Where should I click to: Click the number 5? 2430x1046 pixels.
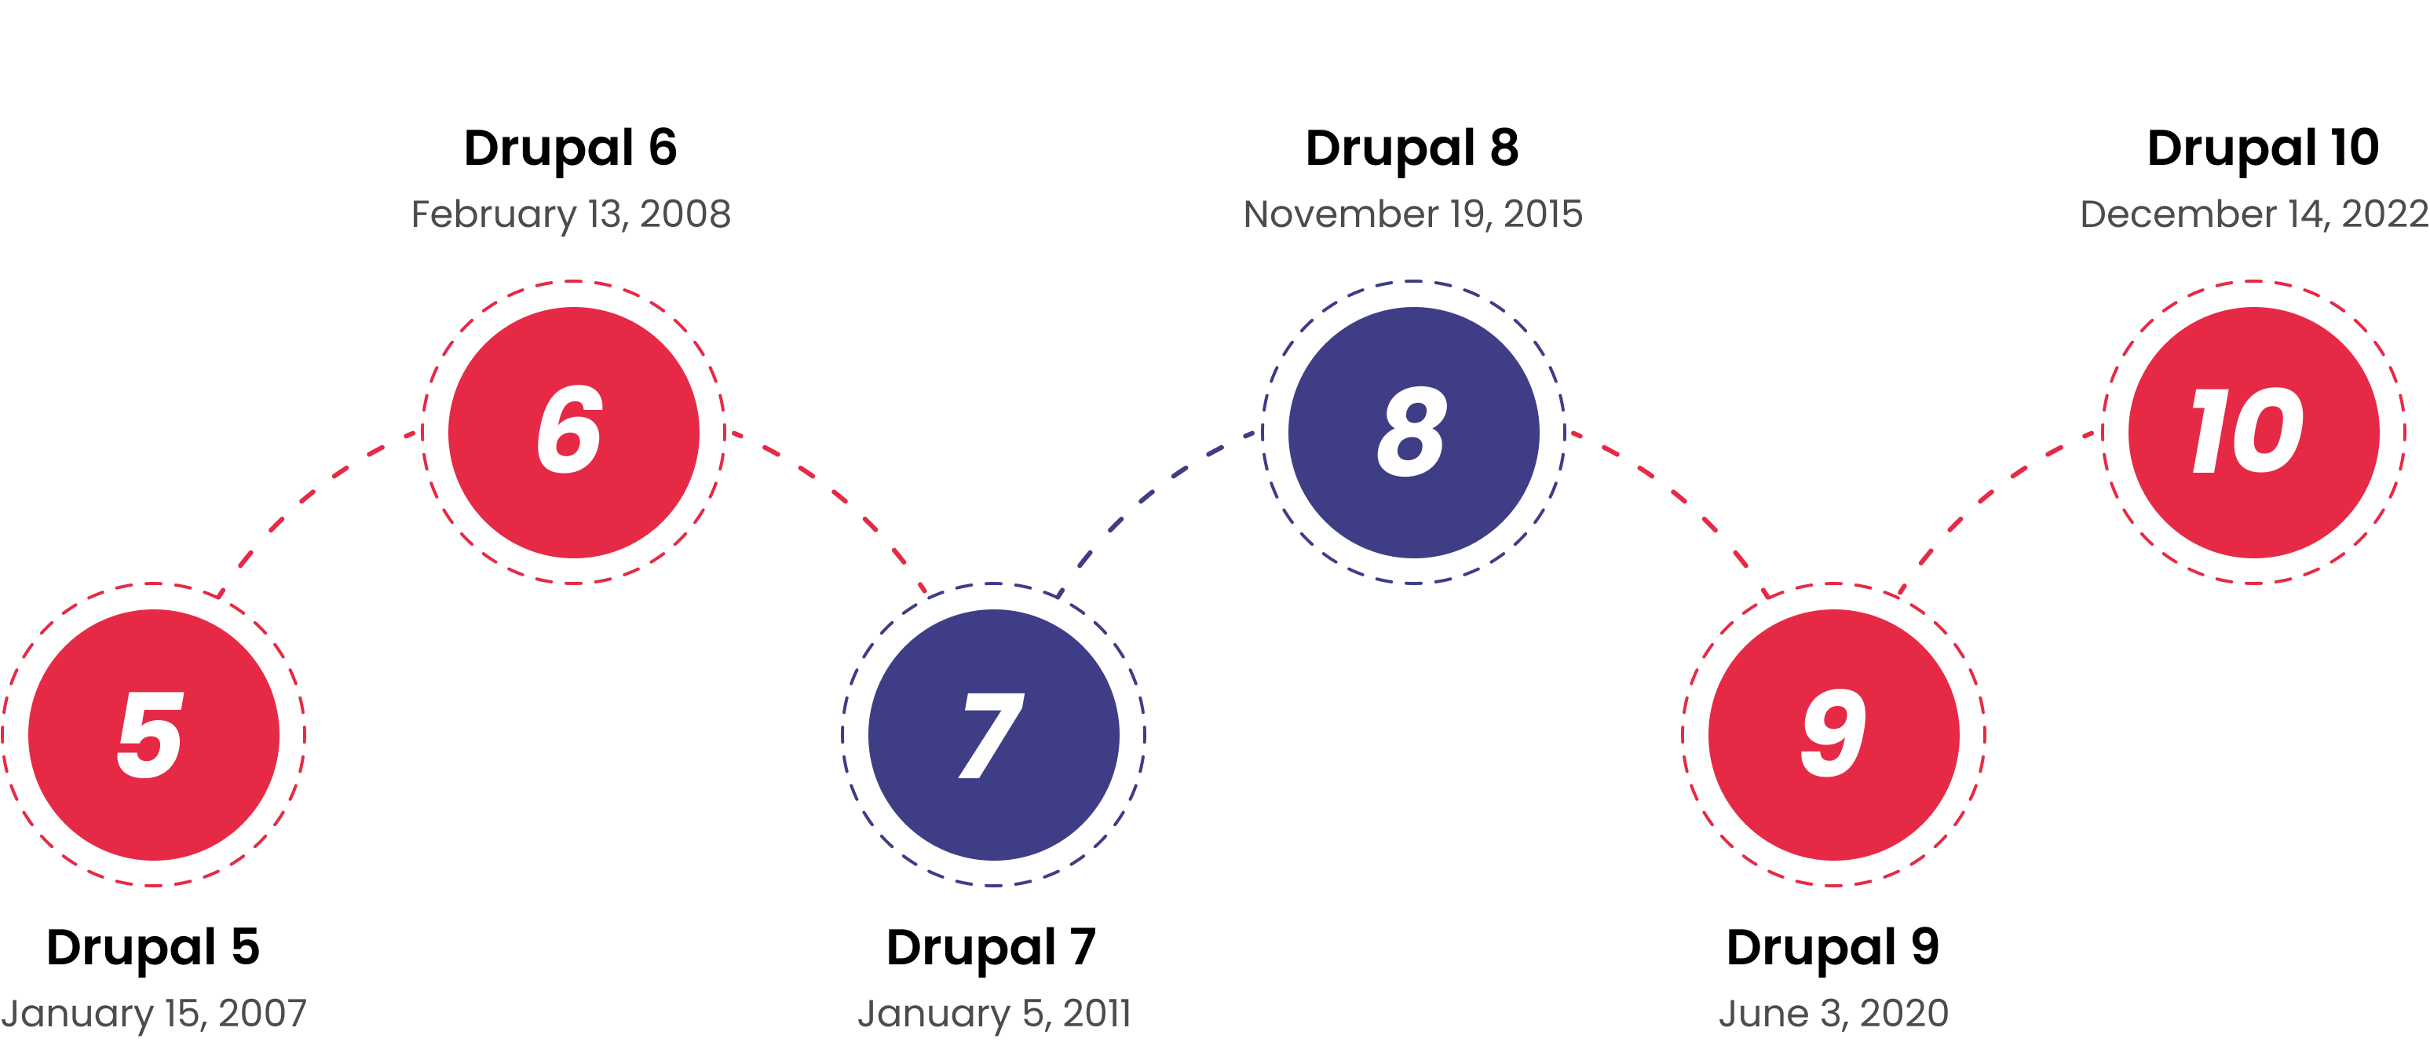pos(150,735)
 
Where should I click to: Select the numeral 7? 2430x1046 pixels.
pos(991,736)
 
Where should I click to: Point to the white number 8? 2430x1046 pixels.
pos(1411,431)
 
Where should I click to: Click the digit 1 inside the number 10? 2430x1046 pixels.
pos(2207,431)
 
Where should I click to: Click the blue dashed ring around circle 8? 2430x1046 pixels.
pos(1413,281)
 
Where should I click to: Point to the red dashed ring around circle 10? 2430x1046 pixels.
pos(2253,281)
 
